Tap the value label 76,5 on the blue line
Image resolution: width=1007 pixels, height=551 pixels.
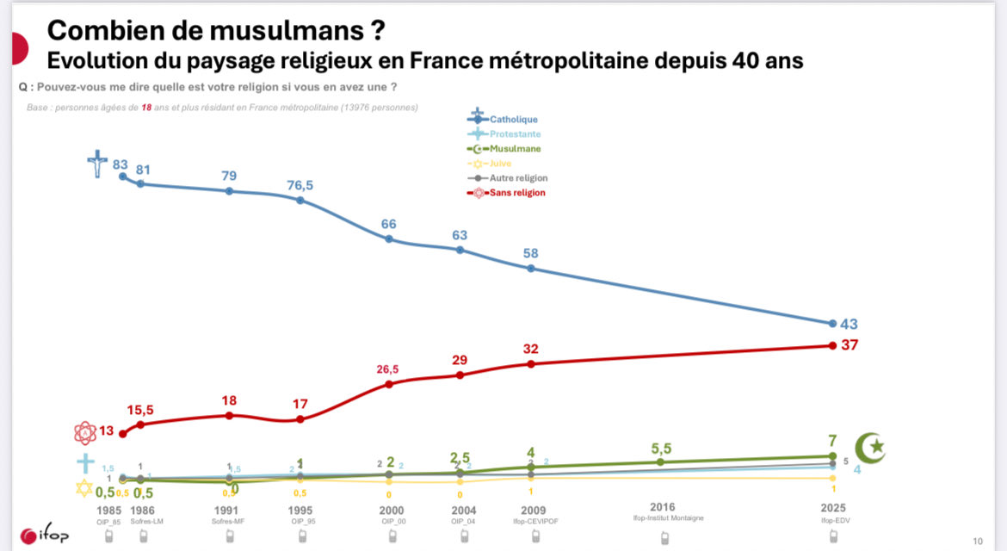pos(300,185)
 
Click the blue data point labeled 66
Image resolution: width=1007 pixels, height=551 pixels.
pos(389,238)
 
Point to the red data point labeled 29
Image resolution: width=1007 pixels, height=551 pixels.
pos(460,375)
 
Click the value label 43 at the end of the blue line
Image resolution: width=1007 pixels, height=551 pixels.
pos(849,325)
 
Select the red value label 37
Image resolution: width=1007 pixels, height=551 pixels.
pos(849,345)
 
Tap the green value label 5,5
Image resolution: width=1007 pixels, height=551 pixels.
pos(661,448)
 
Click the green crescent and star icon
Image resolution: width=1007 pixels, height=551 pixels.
pos(868,448)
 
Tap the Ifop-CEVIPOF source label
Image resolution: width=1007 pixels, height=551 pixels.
pos(530,521)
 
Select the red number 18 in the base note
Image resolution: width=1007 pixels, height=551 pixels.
pos(146,108)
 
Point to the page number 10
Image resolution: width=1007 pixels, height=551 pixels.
pos(977,541)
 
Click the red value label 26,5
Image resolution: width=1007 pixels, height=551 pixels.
pos(387,369)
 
